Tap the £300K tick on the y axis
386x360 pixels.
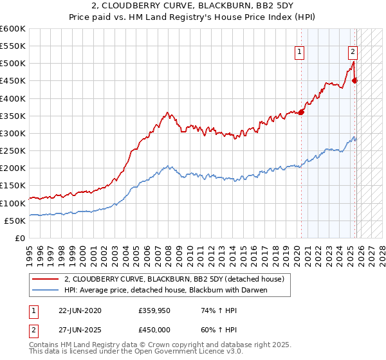(13, 133)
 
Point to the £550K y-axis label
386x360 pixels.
(13, 46)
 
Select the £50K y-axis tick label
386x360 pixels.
(15, 221)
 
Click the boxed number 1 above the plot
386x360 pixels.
(300, 53)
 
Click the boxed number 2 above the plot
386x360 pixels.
(353, 53)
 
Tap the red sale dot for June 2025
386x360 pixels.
(354, 80)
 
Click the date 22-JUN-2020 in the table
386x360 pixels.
(78, 310)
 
